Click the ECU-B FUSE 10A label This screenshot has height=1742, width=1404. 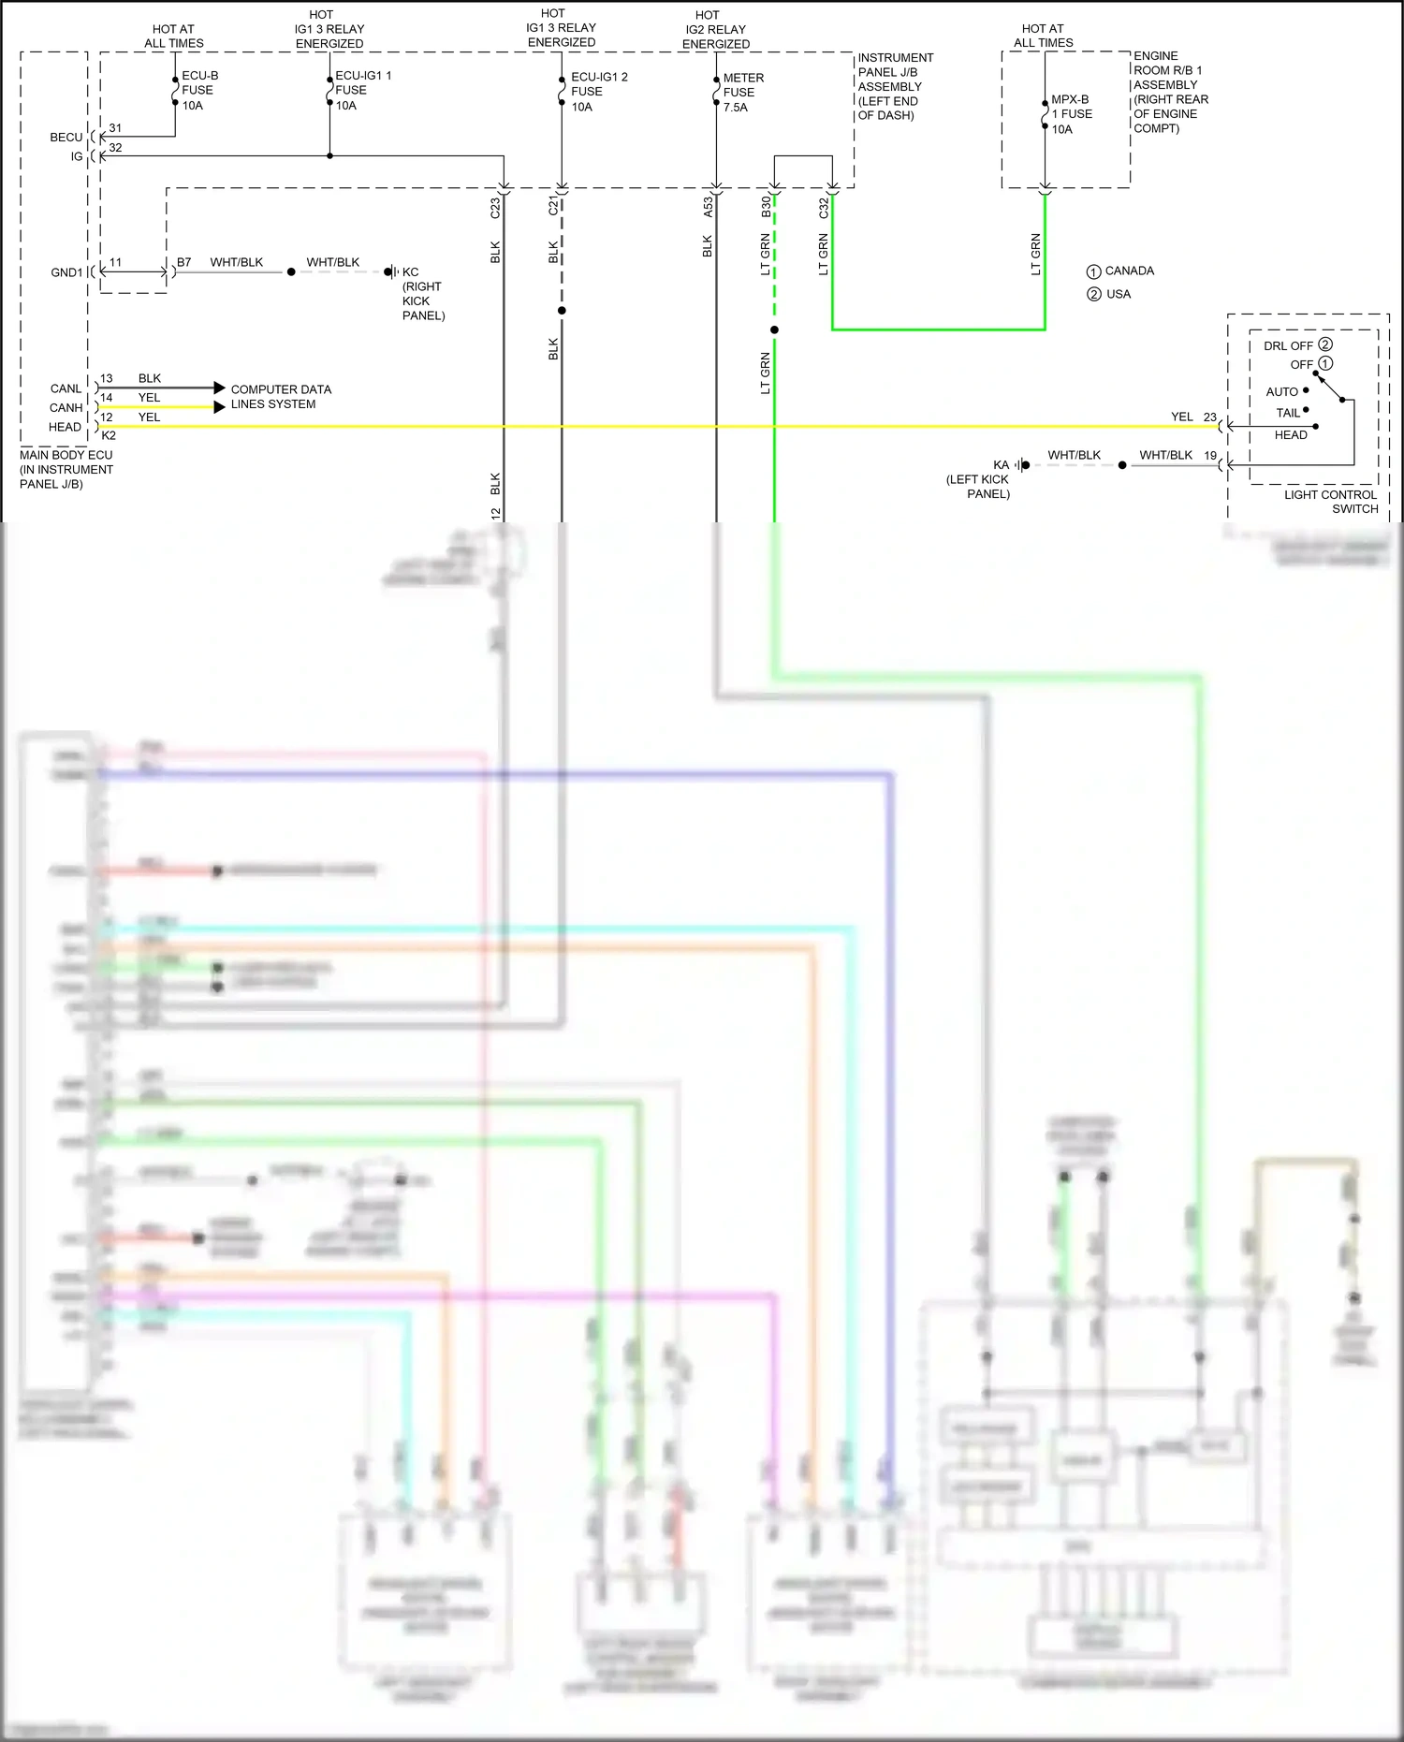click(199, 90)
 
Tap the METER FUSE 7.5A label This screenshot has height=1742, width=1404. click(742, 92)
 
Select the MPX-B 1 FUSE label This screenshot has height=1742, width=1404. click(1071, 113)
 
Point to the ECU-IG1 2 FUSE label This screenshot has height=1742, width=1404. click(598, 91)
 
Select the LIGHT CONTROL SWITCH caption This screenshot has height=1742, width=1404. click(1330, 501)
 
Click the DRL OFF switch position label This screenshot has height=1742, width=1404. click(1288, 345)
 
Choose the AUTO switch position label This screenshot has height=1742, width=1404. click(1281, 391)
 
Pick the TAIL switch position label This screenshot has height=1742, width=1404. click(1288, 413)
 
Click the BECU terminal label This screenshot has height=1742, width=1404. click(66, 137)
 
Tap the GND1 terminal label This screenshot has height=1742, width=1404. click(66, 272)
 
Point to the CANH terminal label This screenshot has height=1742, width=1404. click(66, 407)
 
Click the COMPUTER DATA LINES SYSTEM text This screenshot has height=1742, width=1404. click(280, 396)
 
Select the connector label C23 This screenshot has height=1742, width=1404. click(495, 208)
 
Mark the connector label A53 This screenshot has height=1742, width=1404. click(708, 207)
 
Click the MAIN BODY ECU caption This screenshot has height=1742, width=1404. click(66, 469)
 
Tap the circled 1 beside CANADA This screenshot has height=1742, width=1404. click(1093, 271)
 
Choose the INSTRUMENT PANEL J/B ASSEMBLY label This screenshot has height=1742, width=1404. click(895, 86)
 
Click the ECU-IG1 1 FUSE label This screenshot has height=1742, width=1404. click(361, 90)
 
